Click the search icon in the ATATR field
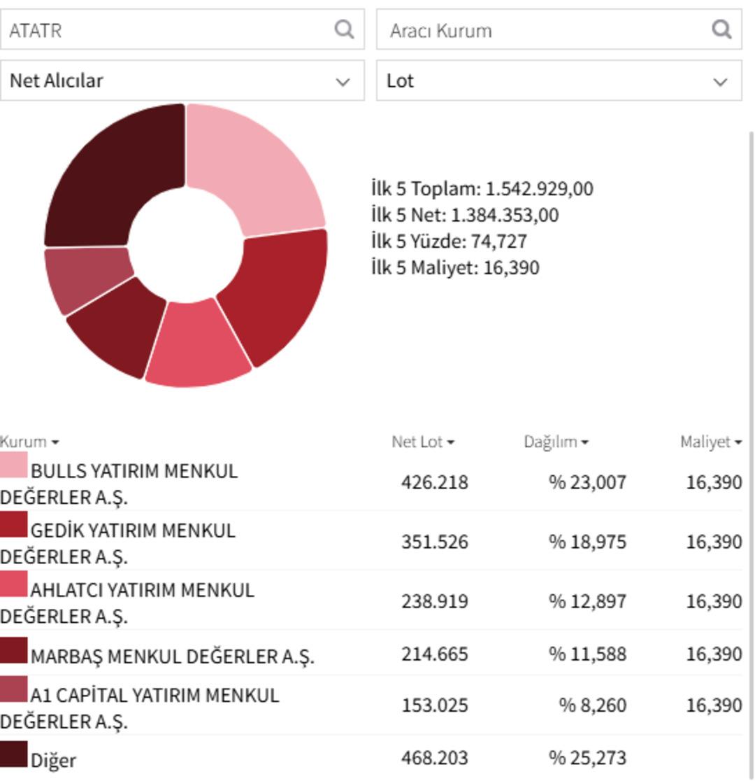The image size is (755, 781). pos(344,29)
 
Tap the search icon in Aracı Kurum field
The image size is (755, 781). pos(721,29)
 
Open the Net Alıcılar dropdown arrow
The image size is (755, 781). pos(343,81)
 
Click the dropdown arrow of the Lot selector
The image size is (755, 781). pos(720,81)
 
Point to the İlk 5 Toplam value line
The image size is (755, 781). pos(482,189)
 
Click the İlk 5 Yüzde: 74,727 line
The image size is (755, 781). pos(449,241)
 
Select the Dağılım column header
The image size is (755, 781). pos(556,442)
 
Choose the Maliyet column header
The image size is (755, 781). pos(710,442)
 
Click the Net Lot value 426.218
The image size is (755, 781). pos(434,482)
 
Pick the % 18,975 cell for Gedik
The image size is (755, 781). pos(587,542)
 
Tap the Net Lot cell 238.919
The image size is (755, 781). pos(434,601)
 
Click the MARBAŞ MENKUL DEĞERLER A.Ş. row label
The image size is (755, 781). pos(173,656)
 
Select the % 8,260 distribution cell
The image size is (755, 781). pos(592,705)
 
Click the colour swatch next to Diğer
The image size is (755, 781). pos(14,754)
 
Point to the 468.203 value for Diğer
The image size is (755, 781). pos(434,757)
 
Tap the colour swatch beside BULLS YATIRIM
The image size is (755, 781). pos(14,465)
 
